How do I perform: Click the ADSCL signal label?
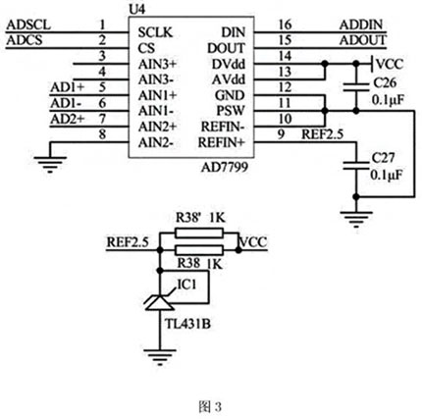pyautogui.click(x=26, y=23)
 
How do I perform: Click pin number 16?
pyautogui.click(x=285, y=23)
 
